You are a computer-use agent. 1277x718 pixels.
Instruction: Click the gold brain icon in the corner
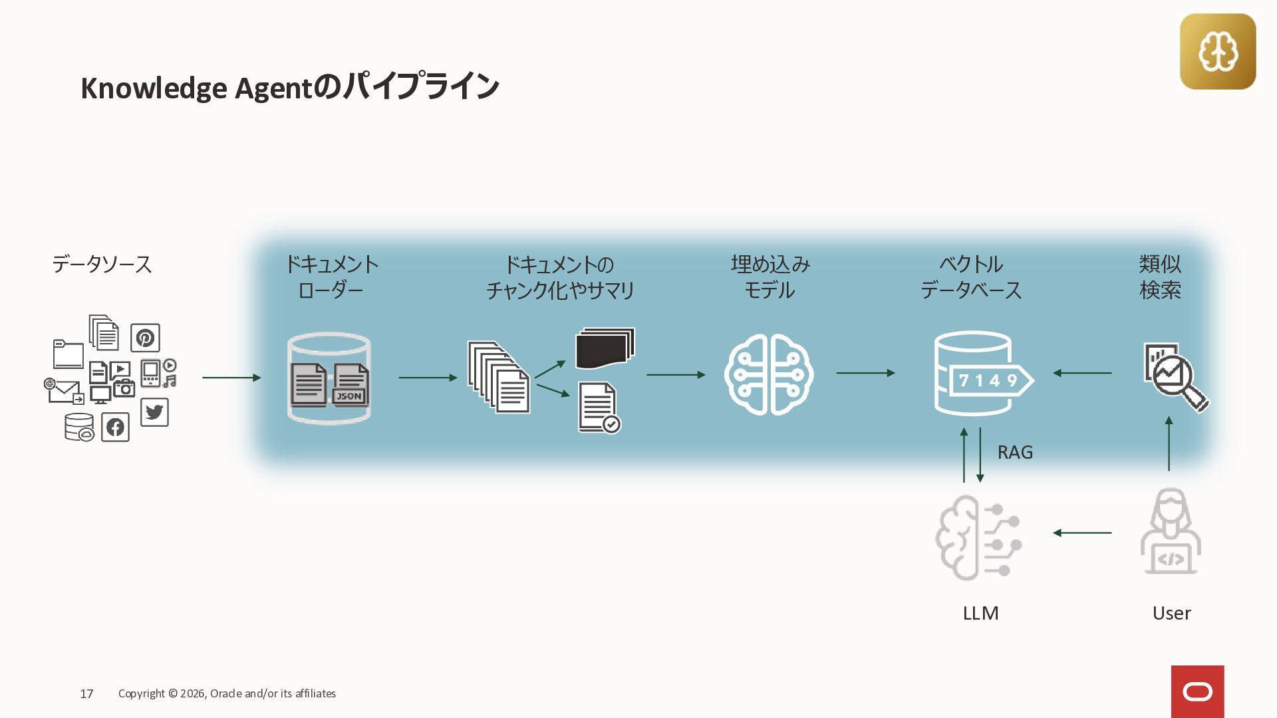(1218, 52)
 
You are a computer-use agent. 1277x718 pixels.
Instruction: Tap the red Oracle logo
(1197, 691)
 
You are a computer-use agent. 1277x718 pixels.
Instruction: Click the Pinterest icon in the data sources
(145, 338)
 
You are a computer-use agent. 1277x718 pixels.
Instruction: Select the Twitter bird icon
(154, 412)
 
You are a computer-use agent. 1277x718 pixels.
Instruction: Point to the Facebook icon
(115, 427)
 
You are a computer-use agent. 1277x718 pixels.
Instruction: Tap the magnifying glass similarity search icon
(1176, 377)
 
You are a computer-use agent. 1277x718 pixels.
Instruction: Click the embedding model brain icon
(769, 375)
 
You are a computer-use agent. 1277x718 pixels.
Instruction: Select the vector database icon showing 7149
(982, 374)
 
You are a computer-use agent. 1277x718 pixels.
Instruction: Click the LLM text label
(980, 613)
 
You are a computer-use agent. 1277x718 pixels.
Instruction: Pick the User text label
(1171, 613)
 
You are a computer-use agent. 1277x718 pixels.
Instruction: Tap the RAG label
(1015, 453)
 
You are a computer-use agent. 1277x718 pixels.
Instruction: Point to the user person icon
(1171, 532)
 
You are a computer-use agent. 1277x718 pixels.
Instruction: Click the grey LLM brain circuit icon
(978, 537)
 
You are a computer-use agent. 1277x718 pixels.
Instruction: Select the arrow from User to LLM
(1082, 533)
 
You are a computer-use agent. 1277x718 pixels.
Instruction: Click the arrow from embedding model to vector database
(865, 373)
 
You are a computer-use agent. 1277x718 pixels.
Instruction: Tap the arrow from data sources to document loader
(231, 378)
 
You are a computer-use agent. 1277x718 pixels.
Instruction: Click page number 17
(86, 694)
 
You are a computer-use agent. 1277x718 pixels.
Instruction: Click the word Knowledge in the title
(154, 88)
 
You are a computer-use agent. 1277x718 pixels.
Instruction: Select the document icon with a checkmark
(599, 408)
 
